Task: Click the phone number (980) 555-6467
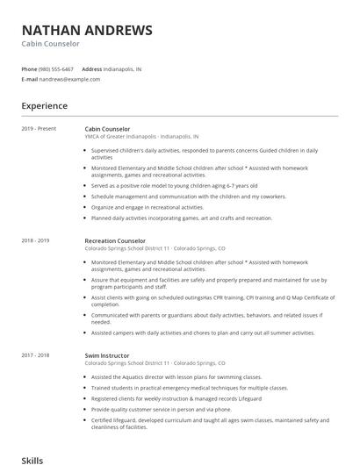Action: pos(56,68)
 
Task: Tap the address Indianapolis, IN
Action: pos(122,68)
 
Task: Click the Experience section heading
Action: pos(44,106)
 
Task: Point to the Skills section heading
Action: pos(32,459)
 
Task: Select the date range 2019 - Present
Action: pos(39,129)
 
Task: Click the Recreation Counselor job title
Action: pos(115,240)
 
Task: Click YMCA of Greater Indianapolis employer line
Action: pos(141,137)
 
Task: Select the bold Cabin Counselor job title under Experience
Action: pos(107,129)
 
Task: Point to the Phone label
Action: pos(29,68)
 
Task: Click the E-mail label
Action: pos(30,79)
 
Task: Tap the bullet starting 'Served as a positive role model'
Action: pos(174,186)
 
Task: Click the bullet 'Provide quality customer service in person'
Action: pos(161,408)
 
